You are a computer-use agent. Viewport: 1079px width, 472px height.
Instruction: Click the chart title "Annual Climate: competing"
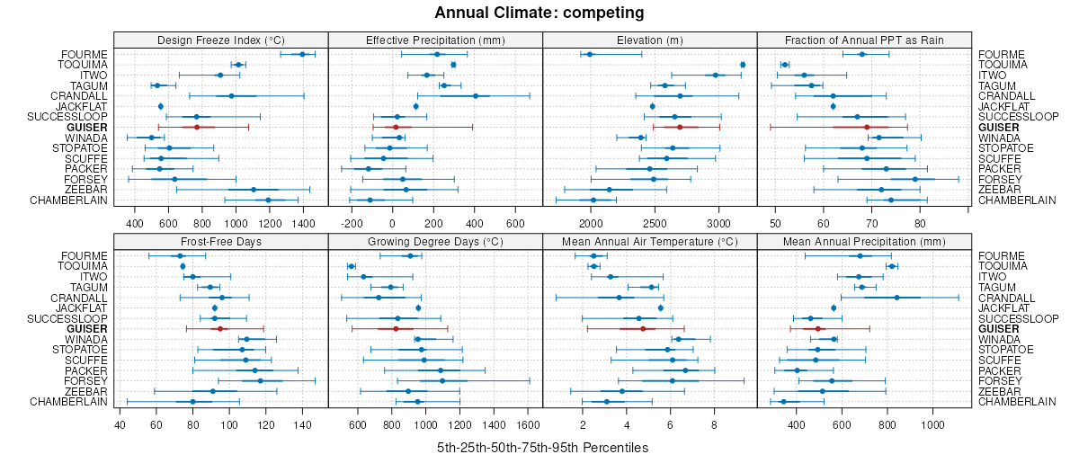click(539, 13)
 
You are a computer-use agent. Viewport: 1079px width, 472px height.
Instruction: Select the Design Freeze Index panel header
click(221, 40)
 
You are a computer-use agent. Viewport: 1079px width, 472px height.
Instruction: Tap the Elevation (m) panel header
click(650, 40)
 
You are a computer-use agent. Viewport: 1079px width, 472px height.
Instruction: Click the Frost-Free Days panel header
click(221, 242)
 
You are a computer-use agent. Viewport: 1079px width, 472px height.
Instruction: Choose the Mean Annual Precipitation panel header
click(864, 242)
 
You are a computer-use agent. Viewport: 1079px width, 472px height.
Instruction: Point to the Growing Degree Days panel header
click(435, 242)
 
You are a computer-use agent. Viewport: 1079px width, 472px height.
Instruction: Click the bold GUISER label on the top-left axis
click(87, 127)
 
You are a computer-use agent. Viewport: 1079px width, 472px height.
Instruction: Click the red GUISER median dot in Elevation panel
click(680, 127)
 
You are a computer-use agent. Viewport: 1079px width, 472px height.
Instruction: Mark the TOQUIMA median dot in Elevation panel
click(743, 65)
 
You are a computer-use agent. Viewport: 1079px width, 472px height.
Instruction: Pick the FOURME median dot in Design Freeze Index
click(302, 54)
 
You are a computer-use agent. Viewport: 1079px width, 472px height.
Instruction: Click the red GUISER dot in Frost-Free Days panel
click(220, 329)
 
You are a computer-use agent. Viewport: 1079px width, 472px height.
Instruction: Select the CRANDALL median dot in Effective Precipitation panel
click(476, 95)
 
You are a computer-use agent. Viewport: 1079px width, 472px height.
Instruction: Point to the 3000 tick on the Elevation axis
click(718, 222)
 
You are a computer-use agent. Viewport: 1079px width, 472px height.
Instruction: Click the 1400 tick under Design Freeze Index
click(302, 222)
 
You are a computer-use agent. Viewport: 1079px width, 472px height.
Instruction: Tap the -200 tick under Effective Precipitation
click(352, 222)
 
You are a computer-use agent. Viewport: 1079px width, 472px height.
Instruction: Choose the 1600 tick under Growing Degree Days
click(529, 424)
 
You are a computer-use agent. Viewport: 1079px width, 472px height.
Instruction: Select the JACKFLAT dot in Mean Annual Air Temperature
click(660, 308)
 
